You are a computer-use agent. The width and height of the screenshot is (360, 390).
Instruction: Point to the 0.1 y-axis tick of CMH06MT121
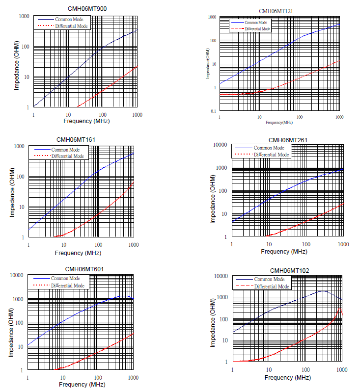click(x=213, y=111)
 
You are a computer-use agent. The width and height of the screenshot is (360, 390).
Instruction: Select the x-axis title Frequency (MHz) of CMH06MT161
click(x=78, y=253)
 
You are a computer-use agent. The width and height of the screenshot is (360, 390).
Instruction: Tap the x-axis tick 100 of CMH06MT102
click(x=305, y=369)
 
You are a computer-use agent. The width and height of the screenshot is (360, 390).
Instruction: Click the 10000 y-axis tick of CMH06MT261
click(x=220, y=145)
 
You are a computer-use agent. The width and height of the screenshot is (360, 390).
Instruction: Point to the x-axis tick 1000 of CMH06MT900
click(x=137, y=114)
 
